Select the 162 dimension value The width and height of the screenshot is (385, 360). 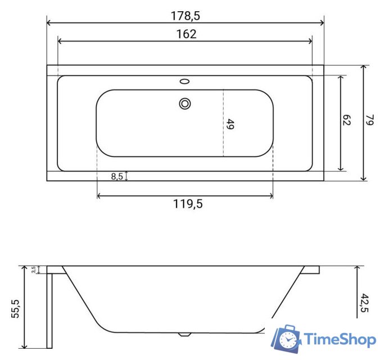[187, 34]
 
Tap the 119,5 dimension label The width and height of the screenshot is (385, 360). [188, 204]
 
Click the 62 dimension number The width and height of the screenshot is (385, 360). [346, 120]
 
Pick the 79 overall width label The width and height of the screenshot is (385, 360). [370, 120]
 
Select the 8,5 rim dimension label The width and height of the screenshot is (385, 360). [117, 176]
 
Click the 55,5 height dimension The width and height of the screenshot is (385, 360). [15, 309]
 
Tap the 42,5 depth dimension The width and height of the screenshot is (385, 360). [365, 303]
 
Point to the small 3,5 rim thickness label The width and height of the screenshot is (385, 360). [34, 269]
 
